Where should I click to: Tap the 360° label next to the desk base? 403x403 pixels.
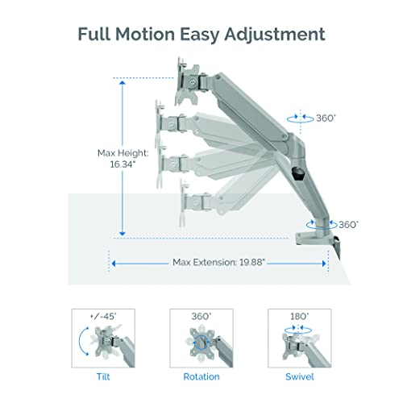(347, 225)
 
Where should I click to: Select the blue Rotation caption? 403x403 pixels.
(201, 376)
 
